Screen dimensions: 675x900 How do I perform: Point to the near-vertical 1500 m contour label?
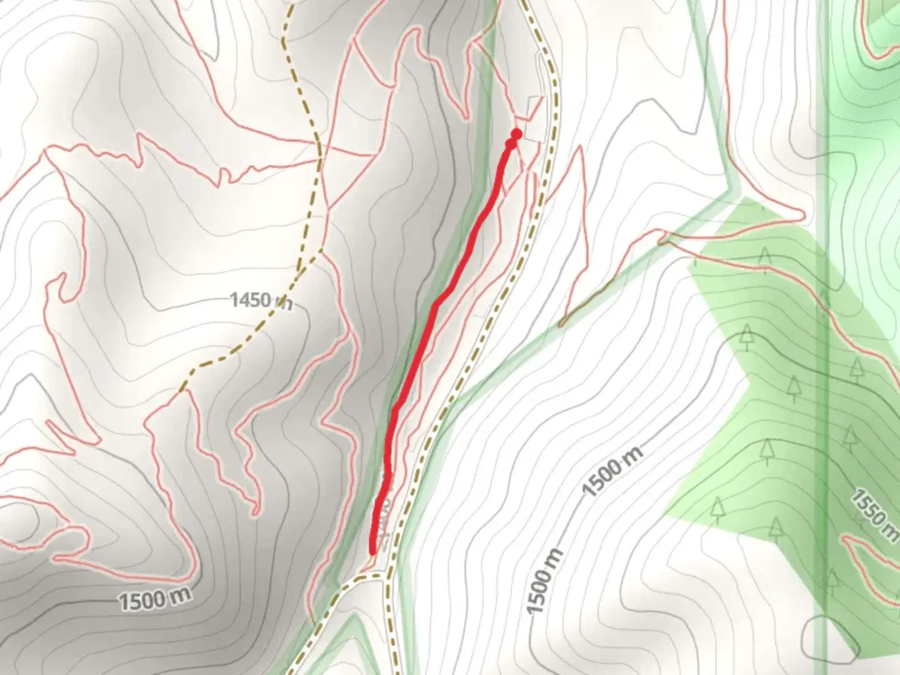(544, 581)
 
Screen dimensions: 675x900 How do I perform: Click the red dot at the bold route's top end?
(516, 134)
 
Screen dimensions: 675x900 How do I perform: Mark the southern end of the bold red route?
(373, 551)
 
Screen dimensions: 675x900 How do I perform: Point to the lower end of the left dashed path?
(181, 391)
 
